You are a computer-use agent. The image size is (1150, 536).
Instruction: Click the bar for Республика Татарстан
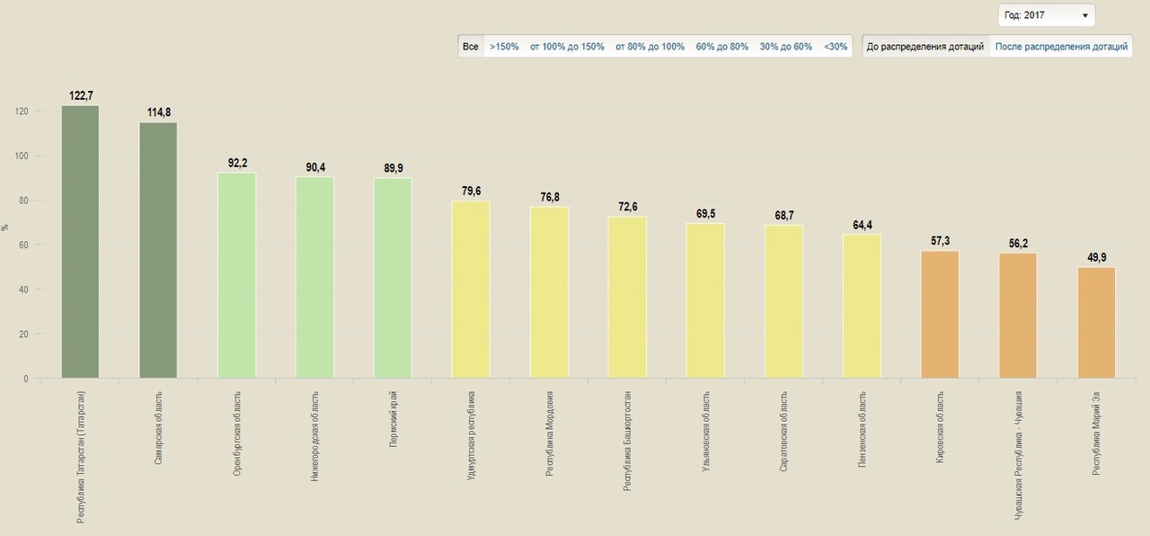click(80, 243)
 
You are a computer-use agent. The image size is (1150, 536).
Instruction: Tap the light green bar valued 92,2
click(236, 275)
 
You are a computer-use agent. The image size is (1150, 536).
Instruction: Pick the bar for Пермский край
click(393, 278)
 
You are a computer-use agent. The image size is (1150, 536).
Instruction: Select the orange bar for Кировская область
click(940, 315)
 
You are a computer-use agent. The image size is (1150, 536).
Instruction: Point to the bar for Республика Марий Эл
click(1096, 323)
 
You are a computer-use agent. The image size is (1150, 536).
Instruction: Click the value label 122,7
click(80, 95)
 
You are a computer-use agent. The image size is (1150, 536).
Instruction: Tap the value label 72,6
click(627, 207)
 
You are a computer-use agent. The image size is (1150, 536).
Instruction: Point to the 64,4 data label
click(862, 225)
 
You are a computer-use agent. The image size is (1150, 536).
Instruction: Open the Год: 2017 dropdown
click(1047, 15)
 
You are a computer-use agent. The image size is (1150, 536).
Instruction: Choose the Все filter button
click(471, 47)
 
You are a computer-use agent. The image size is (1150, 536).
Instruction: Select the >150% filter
click(504, 47)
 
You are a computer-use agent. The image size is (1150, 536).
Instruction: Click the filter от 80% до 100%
click(650, 47)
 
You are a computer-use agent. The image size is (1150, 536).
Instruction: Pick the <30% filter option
click(836, 47)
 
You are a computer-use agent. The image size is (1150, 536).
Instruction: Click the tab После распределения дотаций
click(1061, 47)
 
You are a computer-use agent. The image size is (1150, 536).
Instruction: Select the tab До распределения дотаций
click(925, 47)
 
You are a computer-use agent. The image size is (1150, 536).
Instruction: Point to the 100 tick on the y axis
click(22, 156)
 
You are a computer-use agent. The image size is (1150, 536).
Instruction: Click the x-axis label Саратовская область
click(784, 426)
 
